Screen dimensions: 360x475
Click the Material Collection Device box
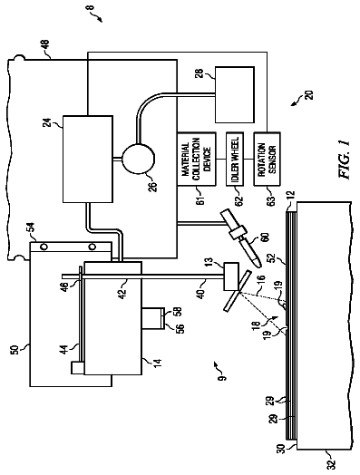pos(197,159)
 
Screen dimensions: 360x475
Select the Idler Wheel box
pos(235,159)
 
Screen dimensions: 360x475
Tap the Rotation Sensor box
pos(267,159)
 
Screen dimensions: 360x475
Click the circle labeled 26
pos(139,159)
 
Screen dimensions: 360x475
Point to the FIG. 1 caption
pos(344,159)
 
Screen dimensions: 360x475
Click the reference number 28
pos(199,73)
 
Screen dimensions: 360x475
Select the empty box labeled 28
pos(234,95)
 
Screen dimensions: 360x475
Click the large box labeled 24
pos(88,159)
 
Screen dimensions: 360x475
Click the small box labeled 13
pos(231,276)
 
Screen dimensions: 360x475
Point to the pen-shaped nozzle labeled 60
pos(239,237)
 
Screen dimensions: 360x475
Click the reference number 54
pos(33,228)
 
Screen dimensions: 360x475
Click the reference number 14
pos(158,363)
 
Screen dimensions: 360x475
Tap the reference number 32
pos(330,464)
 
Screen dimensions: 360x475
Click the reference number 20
pos(309,95)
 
